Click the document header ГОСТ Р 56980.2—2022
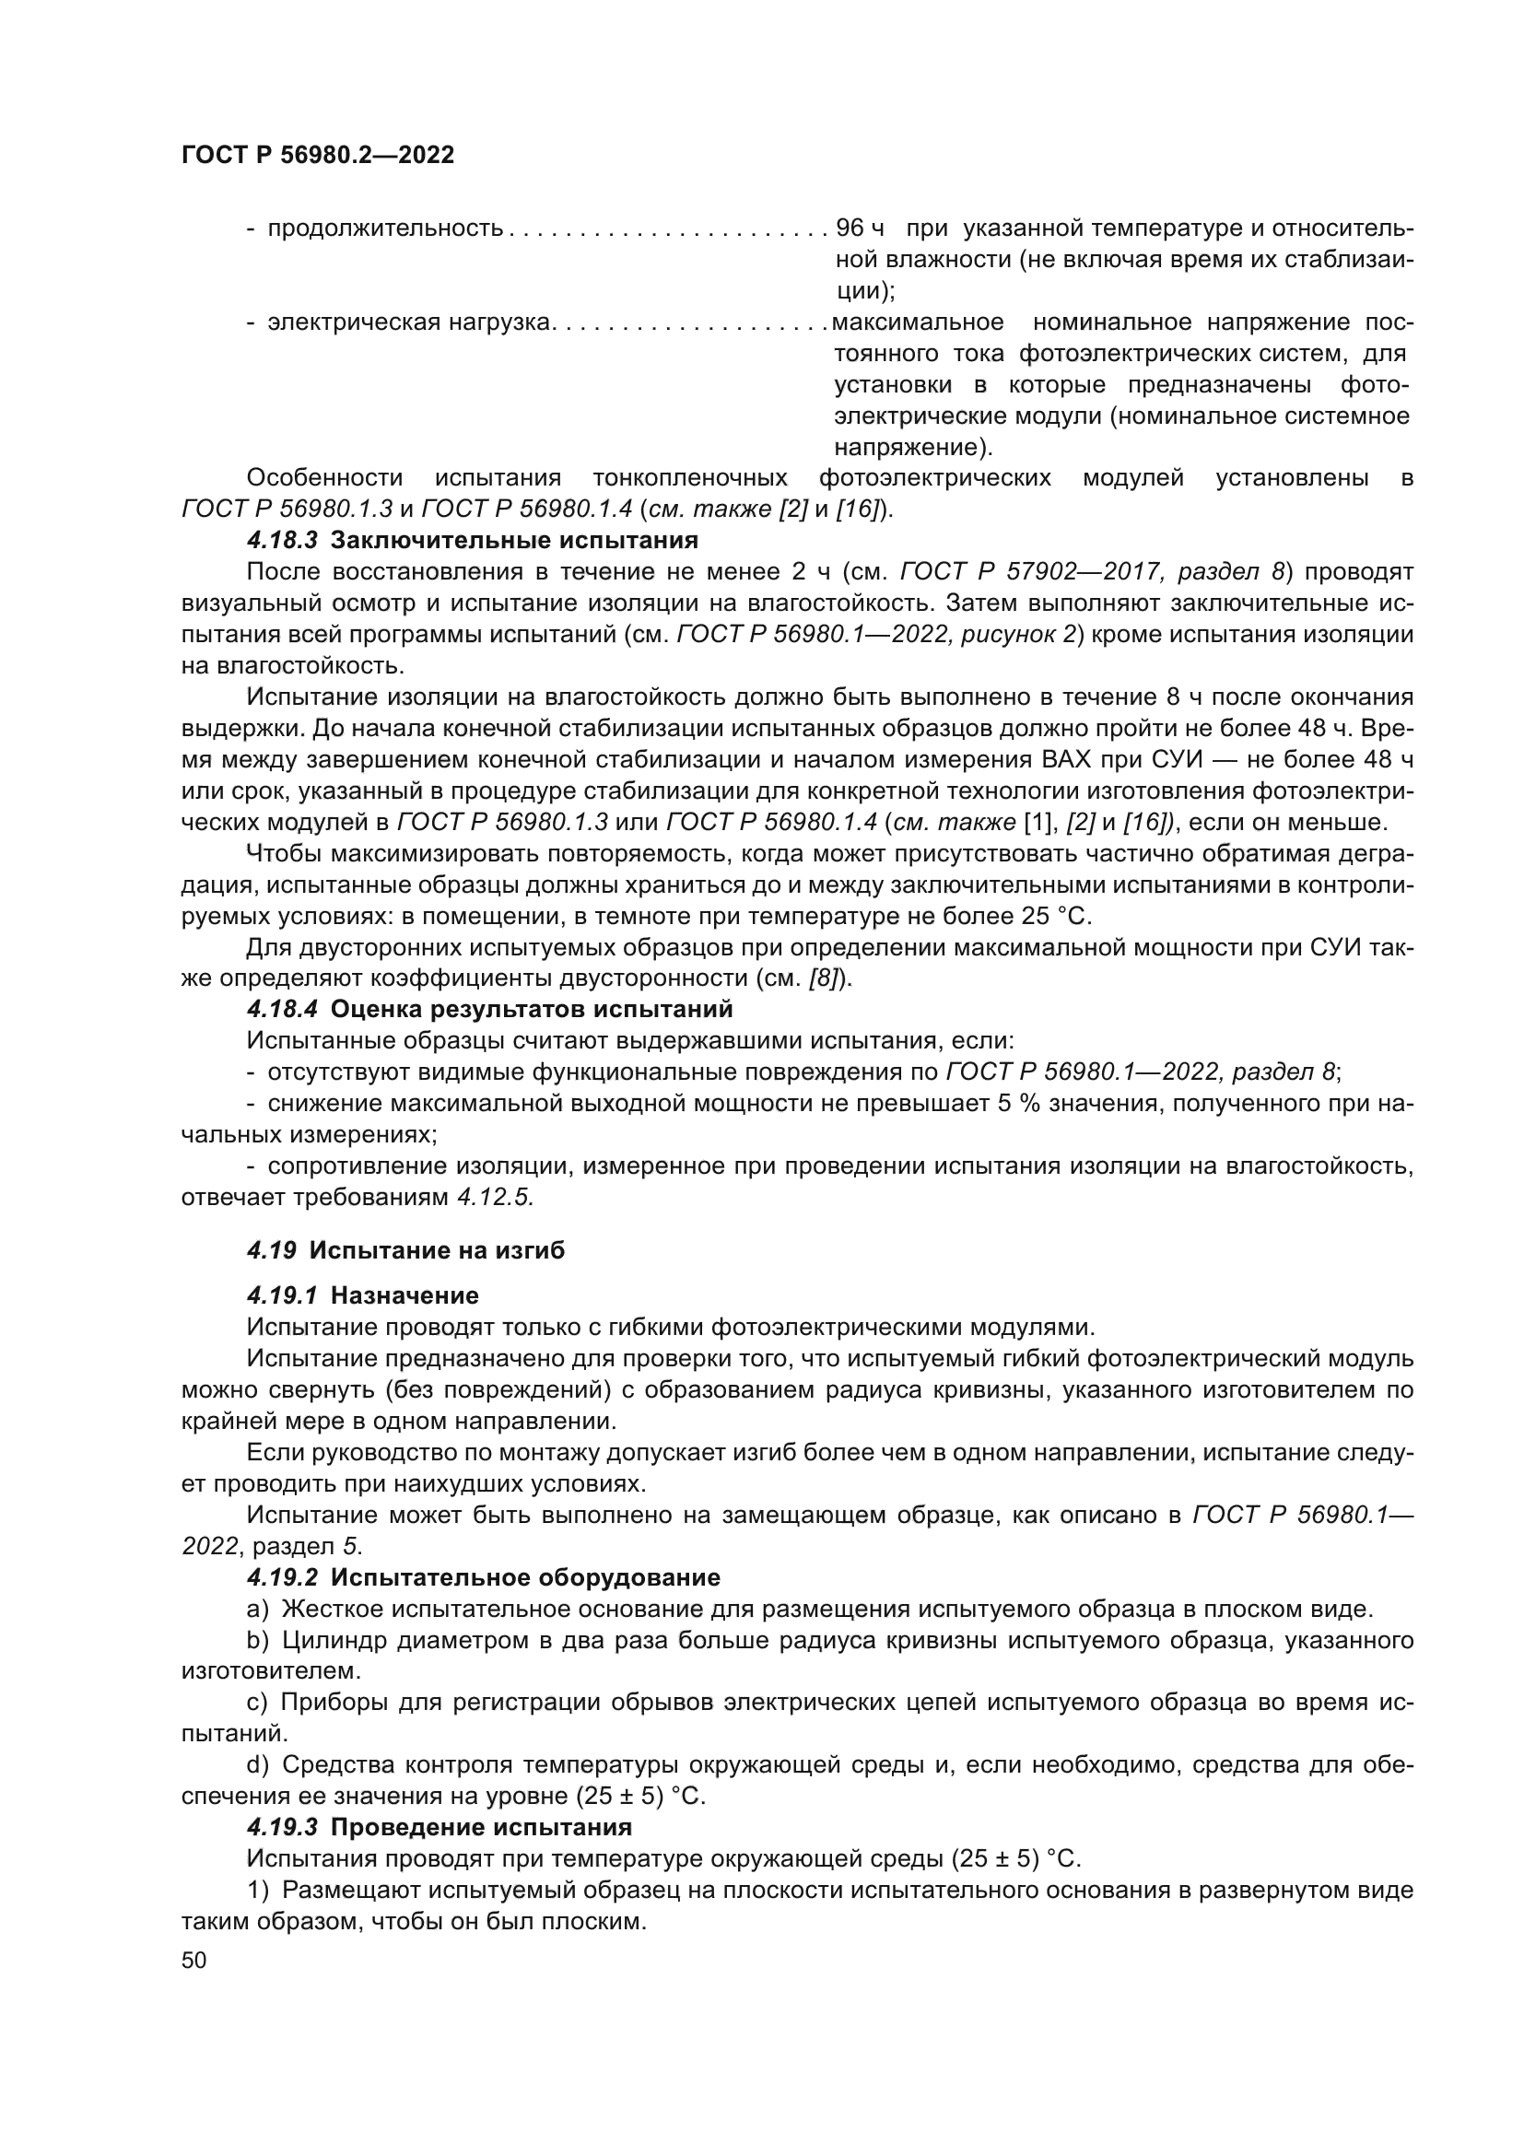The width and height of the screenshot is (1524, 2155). (x=317, y=156)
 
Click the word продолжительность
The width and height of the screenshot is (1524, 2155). (x=385, y=228)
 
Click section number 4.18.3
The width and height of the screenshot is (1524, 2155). (x=283, y=541)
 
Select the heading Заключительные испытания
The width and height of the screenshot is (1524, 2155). (x=514, y=541)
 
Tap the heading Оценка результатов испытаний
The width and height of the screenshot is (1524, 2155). (x=531, y=1010)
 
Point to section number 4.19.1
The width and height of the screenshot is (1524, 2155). (x=283, y=1296)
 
